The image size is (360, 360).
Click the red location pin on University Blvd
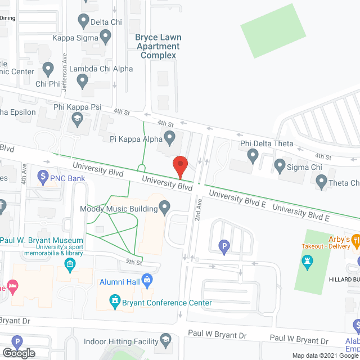click(x=179, y=166)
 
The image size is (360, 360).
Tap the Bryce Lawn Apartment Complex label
click(x=157, y=46)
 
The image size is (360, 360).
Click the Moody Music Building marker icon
click(x=165, y=209)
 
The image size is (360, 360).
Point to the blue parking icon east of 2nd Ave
click(x=224, y=246)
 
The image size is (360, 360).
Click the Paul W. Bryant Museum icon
click(x=70, y=264)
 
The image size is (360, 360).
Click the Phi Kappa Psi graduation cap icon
click(x=76, y=119)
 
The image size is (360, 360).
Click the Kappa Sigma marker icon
click(x=106, y=38)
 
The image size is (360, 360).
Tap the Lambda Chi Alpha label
click(x=107, y=69)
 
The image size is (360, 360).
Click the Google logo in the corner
click(x=18, y=353)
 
